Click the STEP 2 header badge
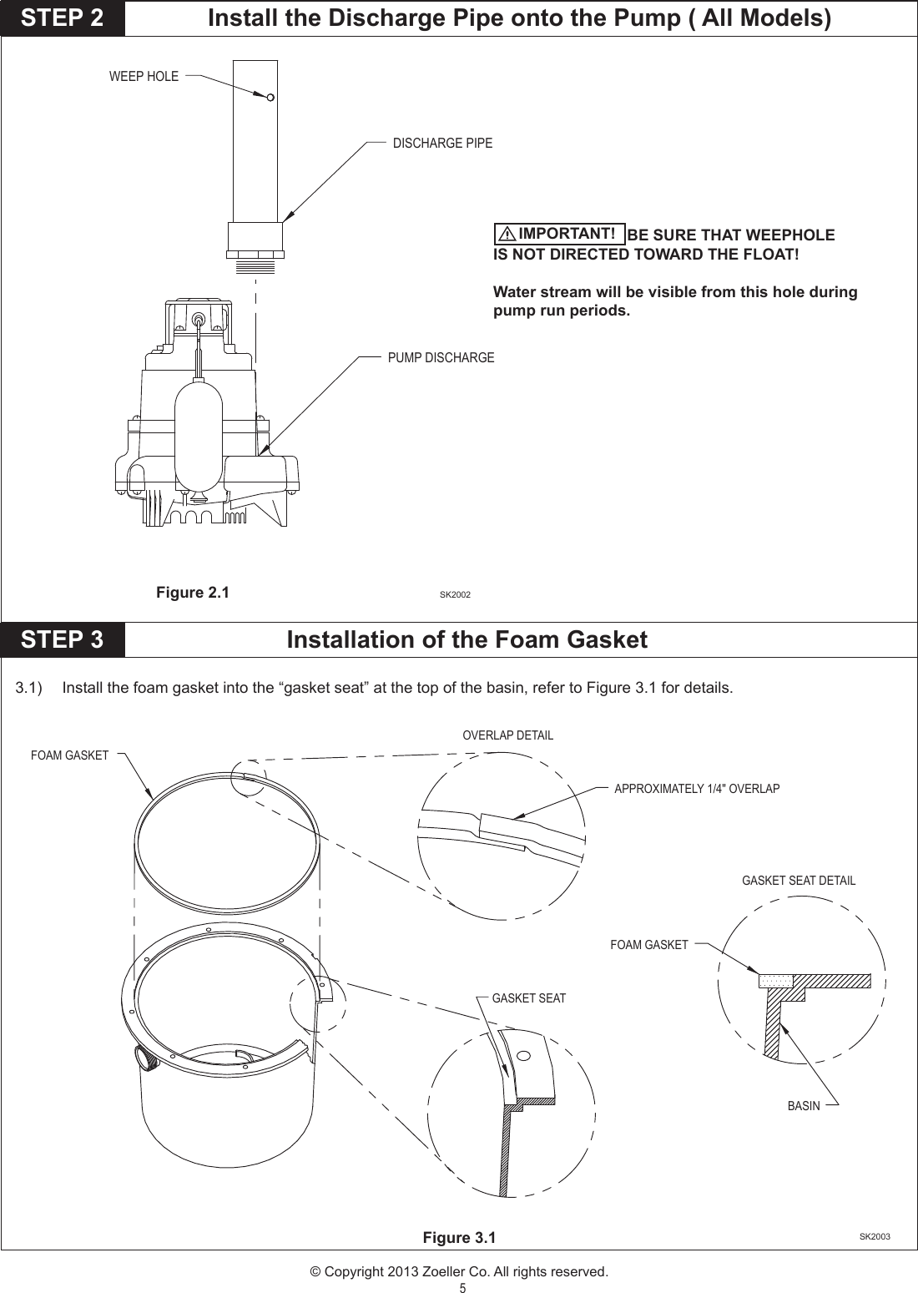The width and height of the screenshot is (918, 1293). point(63,18)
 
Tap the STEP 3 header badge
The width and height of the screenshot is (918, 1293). point(63,639)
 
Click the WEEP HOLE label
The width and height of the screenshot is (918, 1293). point(144,76)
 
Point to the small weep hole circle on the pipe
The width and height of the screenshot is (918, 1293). point(270,98)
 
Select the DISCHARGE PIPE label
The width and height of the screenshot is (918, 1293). point(442,143)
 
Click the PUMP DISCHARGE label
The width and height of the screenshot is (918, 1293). point(441,357)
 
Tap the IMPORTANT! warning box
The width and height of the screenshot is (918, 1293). point(559,234)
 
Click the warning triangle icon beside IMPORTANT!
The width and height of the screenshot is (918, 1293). point(507,235)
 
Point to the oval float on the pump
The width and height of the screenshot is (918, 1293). point(198,434)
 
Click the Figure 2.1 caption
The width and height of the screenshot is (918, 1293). point(192,593)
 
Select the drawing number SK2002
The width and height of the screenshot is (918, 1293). point(455,594)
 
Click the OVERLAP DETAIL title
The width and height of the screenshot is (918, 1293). point(507,735)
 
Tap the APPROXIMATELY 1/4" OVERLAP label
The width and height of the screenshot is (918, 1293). point(697,788)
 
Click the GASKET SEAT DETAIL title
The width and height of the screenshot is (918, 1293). point(799,880)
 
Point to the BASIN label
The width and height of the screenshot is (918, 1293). point(804,1105)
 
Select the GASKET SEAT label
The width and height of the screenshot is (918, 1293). point(528,998)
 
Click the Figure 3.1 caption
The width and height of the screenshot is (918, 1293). point(459,1237)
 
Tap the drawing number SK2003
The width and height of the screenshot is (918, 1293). point(875,1236)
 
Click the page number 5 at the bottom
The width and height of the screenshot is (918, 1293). point(462,1287)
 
